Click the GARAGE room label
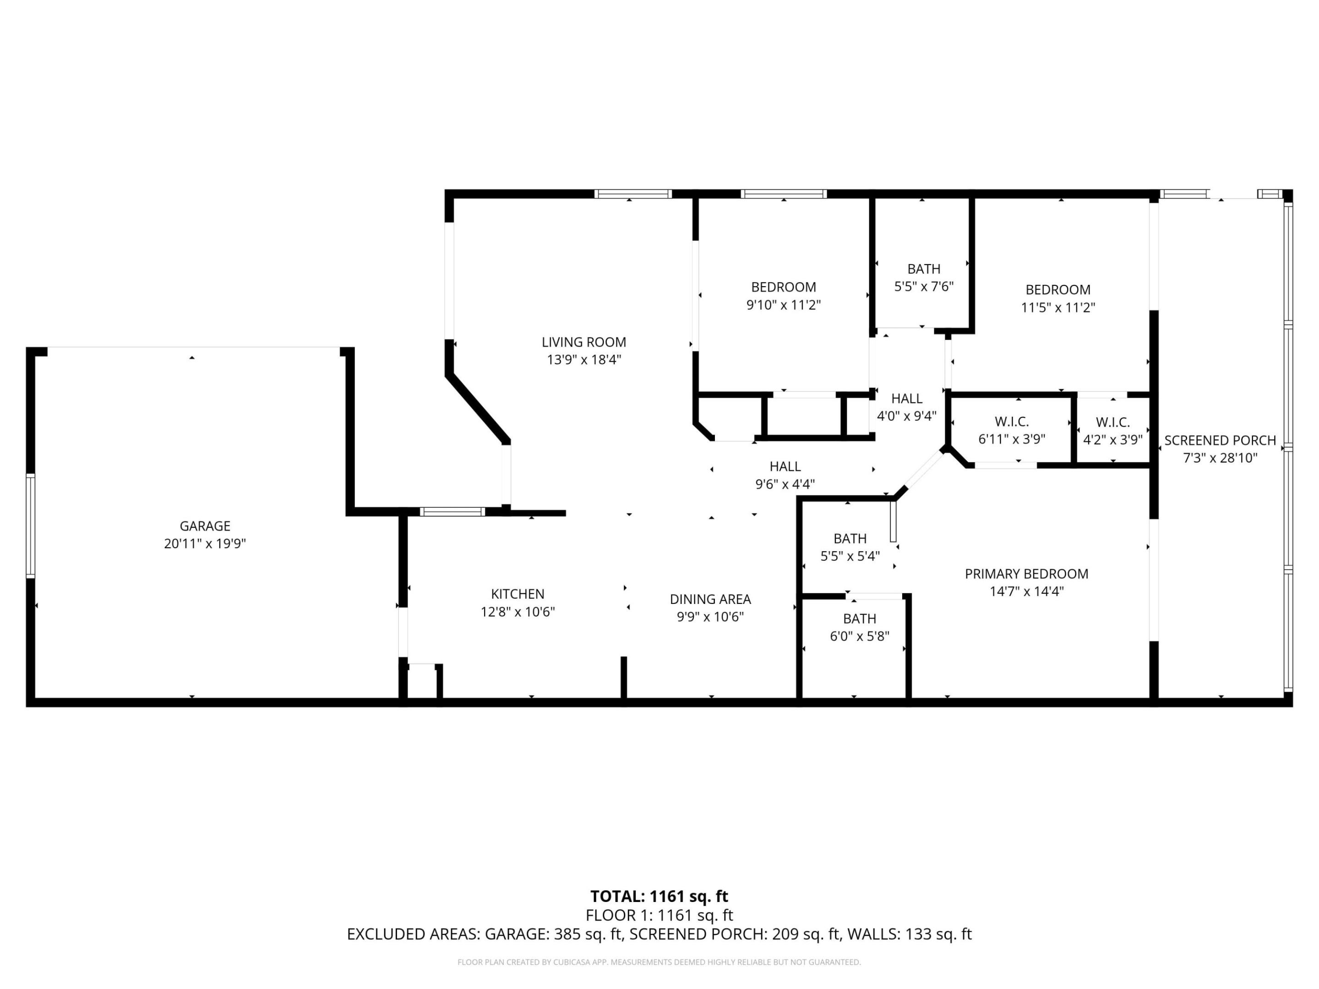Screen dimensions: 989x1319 (205, 526)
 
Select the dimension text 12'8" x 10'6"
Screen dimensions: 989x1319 (518, 612)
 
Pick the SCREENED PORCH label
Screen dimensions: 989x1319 (1220, 440)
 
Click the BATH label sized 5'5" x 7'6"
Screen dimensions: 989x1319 (924, 269)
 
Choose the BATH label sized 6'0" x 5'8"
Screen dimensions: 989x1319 (859, 618)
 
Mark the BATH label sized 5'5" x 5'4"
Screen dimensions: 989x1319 (850, 538)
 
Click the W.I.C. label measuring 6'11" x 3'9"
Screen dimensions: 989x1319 (1011, 422)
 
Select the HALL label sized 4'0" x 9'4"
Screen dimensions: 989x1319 (906, 398)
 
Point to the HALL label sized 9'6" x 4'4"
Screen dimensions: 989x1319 (785, 466)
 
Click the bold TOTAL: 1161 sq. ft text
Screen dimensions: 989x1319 (659, 896)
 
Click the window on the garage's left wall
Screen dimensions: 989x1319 (30, 526)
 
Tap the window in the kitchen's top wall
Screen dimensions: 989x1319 (452, 511)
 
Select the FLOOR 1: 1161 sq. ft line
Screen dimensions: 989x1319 (659, 915)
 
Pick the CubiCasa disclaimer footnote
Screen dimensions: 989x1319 (659, 962)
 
